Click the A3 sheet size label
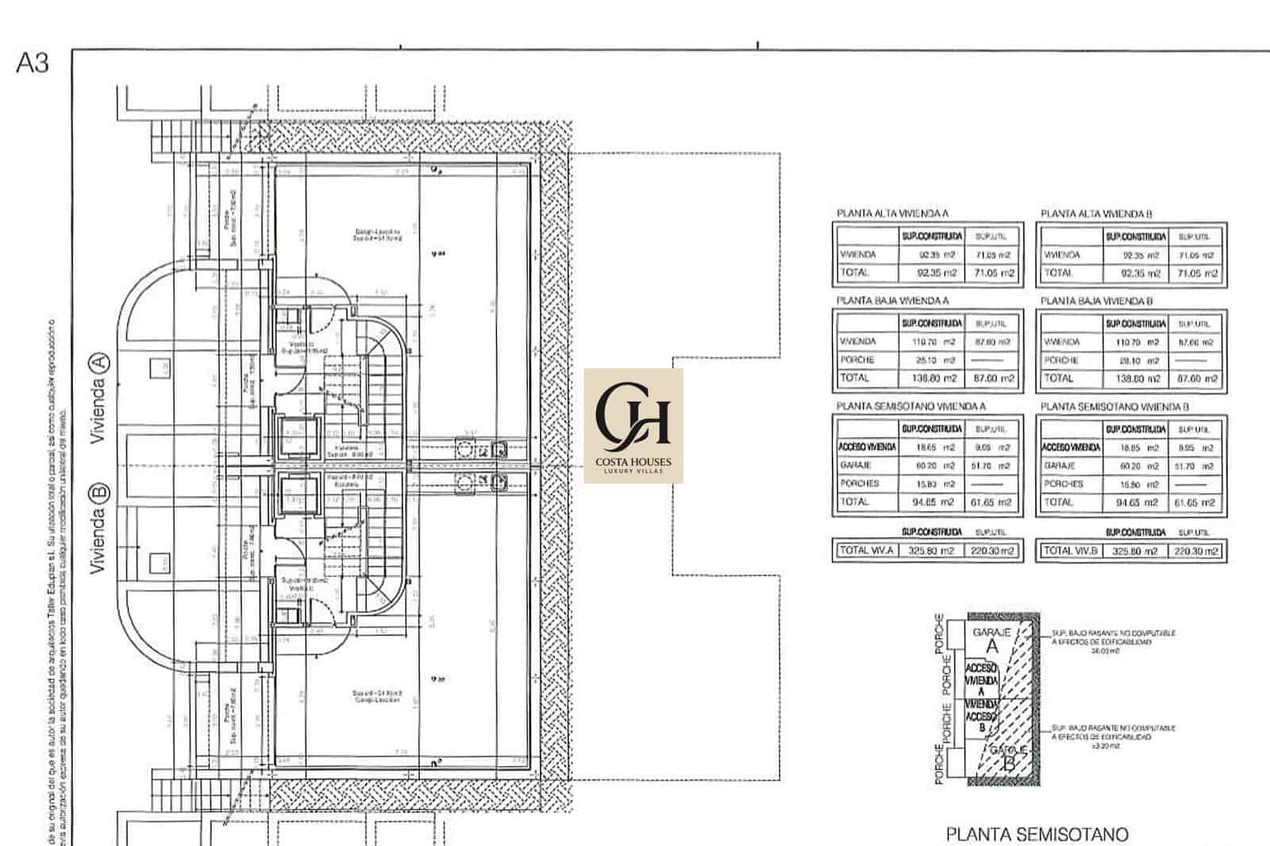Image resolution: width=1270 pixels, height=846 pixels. pos(33,63)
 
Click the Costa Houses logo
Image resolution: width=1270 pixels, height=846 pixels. pos(633,425)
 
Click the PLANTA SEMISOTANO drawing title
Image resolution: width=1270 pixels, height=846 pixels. pos(1037,834)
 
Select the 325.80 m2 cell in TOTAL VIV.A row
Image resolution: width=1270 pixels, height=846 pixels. pos(931,551)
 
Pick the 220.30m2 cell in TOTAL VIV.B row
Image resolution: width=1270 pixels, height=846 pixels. pos(1195,551)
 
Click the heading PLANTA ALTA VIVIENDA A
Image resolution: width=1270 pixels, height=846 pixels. pos(892,213)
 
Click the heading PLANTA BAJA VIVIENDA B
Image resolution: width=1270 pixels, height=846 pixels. pos(1096,301)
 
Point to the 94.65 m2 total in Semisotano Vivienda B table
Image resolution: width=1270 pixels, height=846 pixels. pos(1135,502)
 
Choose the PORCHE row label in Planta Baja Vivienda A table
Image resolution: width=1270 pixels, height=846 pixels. pos(856,360)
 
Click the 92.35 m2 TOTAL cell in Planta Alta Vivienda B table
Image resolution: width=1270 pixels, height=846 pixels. pos(1135,273)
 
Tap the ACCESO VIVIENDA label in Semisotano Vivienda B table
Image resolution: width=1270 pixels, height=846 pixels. pos(1070,448)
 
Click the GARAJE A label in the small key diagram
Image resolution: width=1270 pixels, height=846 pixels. pos(991,640)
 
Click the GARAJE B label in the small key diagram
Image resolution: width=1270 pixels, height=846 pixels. pos(1008,757)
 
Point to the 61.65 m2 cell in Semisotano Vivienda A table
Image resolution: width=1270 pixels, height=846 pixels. pos(992,502)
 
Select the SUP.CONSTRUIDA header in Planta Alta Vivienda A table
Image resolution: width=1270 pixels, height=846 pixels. pos(931,236)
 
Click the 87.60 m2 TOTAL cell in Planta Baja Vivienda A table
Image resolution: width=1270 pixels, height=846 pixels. pos(992,379)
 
